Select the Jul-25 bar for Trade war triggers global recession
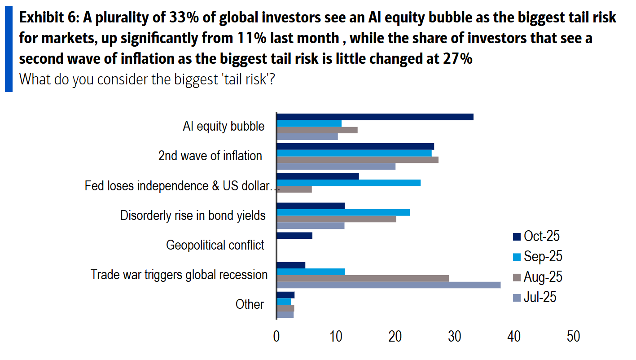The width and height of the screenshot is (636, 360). tap(389, 285)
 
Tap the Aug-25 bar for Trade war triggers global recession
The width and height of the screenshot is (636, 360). tap(363, 278)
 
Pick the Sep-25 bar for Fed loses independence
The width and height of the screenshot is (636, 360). tap(349, 183)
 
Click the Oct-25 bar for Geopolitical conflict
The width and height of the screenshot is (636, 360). tap(294, 236)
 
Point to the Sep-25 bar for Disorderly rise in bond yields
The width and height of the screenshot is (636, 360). tap(343, 212)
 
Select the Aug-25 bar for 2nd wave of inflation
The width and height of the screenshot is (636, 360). tap(357, 160)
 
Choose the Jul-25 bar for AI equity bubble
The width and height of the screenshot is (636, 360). tap(307, 137)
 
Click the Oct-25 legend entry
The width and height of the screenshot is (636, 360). tap(536, 236)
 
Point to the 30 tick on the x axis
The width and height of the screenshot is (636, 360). tap(455, 337)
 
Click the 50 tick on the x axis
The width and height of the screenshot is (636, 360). tap(573, 337)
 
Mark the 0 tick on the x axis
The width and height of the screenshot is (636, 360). tap(276, 337)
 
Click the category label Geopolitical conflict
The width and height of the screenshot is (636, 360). tap(215, 245)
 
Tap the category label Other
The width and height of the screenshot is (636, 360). tap(250, 304)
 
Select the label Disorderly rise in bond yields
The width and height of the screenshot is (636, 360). tap(193, 215)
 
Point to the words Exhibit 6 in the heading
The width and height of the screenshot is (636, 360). tap(47, 18)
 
